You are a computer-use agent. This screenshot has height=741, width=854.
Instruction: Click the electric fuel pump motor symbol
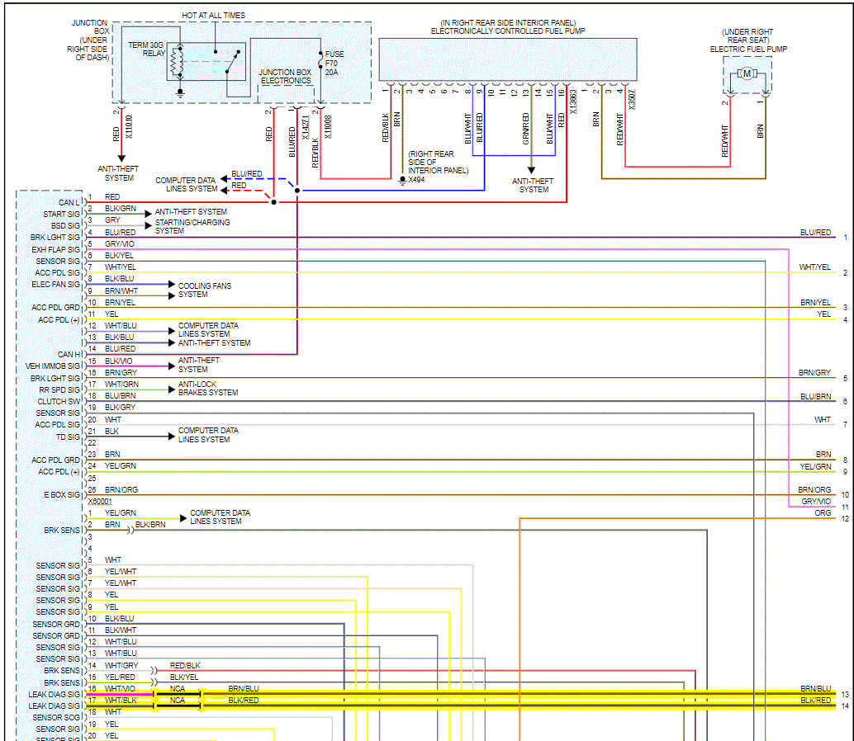747,73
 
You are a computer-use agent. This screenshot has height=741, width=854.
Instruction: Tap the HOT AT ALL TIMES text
213,15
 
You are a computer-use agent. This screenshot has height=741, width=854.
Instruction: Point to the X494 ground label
415,179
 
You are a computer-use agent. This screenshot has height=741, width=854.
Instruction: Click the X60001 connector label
100,501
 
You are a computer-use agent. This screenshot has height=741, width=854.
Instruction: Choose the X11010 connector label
129,125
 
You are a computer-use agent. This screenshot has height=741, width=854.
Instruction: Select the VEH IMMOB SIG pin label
53,366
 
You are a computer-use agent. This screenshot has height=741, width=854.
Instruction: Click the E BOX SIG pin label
62,494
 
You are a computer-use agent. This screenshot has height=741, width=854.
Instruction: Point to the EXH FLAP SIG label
56,248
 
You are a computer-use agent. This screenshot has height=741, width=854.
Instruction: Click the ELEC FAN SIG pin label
56,284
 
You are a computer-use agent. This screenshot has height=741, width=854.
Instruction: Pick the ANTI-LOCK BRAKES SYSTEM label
207,388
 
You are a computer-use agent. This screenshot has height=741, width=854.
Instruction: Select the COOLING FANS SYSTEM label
205,290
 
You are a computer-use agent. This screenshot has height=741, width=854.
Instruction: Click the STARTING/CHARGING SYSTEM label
192,226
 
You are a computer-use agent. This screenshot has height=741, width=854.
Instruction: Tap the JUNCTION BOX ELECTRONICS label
286,77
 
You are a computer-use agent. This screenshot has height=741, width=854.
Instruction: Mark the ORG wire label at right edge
823,512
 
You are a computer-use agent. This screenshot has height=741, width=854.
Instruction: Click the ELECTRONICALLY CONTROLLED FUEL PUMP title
507,31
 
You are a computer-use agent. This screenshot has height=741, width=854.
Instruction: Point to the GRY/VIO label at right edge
816,501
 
